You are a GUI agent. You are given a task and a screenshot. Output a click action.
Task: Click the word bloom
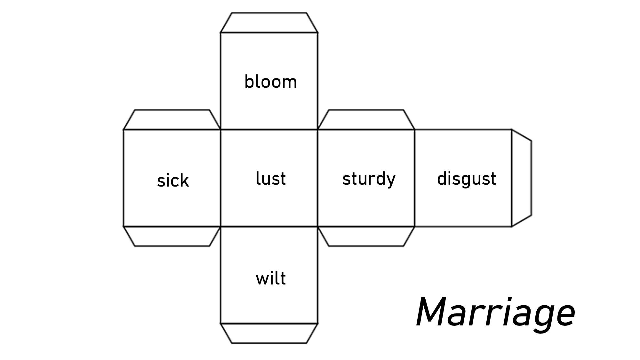(271, 82)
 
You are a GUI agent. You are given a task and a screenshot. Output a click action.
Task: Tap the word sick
(173, 180)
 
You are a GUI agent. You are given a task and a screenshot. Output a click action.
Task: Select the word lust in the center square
(271, 179)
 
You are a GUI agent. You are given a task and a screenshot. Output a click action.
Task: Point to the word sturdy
(369, 179)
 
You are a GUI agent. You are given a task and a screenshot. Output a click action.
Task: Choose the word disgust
(467, 179)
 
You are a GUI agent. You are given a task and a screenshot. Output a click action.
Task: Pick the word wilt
(271, 278)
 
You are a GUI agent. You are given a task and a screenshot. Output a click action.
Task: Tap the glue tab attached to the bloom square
(269, 23)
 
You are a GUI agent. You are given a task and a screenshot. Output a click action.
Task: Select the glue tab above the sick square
(172, 120)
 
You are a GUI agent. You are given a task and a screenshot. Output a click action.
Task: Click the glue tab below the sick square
(172, 236)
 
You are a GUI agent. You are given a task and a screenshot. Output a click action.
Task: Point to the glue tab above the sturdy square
(366, 120)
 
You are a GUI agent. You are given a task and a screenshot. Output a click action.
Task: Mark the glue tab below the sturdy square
(366, 236)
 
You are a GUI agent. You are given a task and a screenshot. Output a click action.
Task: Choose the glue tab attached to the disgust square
(521, 178)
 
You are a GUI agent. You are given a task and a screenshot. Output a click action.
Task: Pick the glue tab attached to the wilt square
(269, 333)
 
